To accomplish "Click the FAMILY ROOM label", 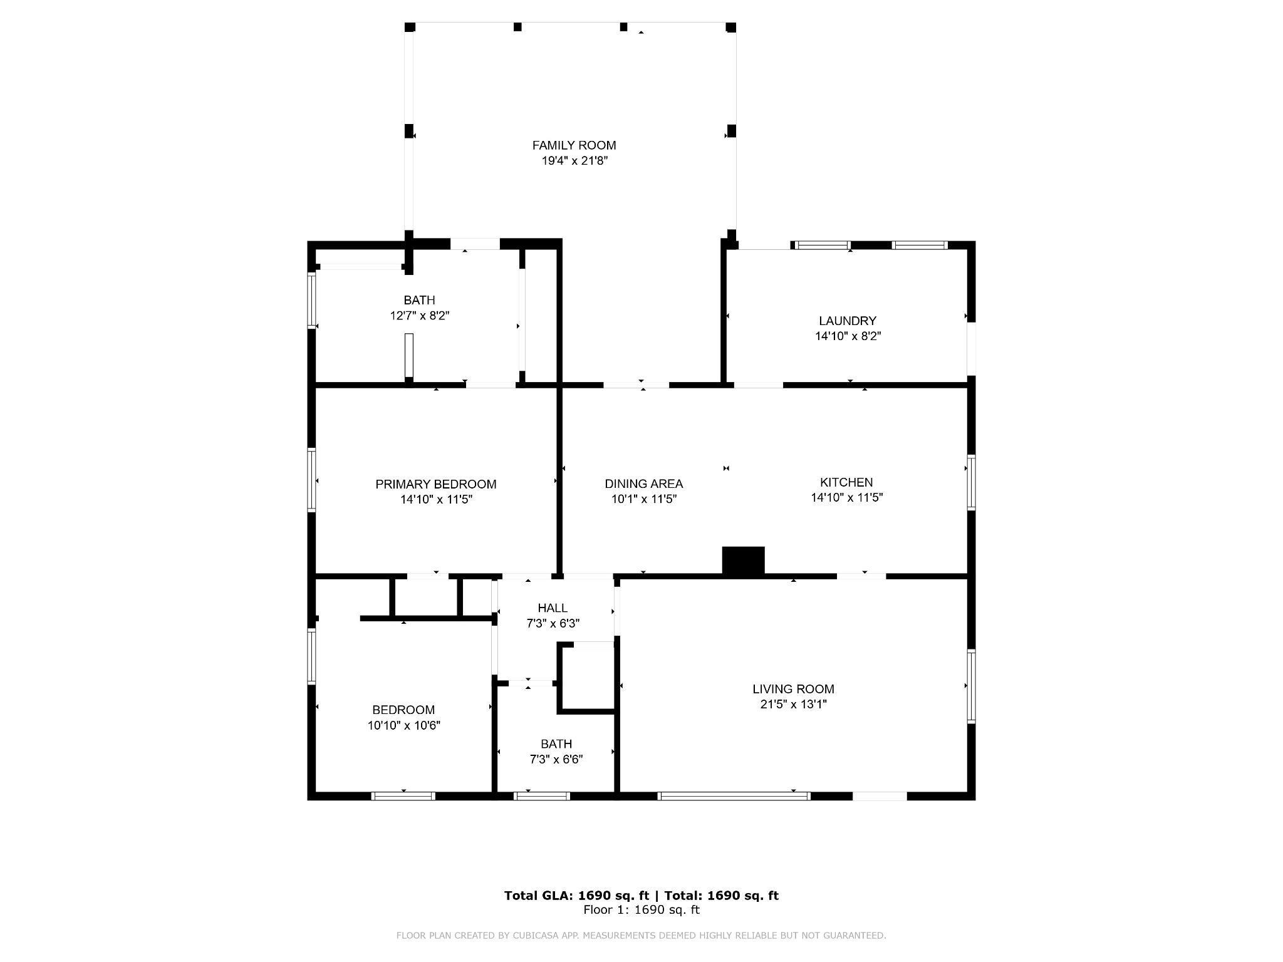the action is pyautogui.click(x=574, y=145).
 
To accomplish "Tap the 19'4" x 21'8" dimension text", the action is pyautogui.click(x=574, y=161).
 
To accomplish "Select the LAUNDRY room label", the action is pyautogui.click(x=848, y=321).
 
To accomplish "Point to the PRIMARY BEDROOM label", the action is pyautogui.click(x=435, y=484).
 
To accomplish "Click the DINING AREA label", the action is pyautogui.click(x=643, y=484).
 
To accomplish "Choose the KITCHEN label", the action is pyautogui.click(x=846, y=482).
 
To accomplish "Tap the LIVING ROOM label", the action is pyautogui.click(x=793, y=689).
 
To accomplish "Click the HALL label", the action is pyautogui.click(x=553, y=608).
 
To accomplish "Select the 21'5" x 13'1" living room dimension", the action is pyautogui.click(x=794, y=705).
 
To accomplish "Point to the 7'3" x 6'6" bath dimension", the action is pyautogui.click(x=556, y=760).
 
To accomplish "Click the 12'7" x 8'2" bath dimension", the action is pyautogui.click(x=420, y=316).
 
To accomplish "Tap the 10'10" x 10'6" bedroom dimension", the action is pyautogui.click(x=404, y=725).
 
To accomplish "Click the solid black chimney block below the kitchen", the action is pyautogui.click(x=744, y=561).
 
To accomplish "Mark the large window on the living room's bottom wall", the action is pyautogui.click(x=734, y=796).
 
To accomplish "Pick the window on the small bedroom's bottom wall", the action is pyautogui.click(x=403, y=796).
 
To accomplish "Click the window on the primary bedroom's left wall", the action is pyautogui.click(x=311, y=480).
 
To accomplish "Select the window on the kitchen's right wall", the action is pyautogui.click(x=971, y=482).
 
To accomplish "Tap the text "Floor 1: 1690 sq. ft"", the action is pyautogui.click(x=641, y=910).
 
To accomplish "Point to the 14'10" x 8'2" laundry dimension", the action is pyautogui.click(x=848, y=336).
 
